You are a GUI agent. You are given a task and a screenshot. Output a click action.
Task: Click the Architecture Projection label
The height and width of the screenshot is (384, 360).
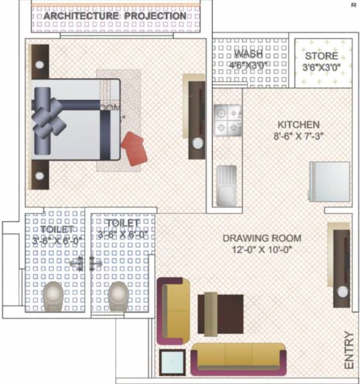click(115, 15)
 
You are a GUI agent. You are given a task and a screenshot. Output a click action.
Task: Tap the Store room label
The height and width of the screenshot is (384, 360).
click(321, 56)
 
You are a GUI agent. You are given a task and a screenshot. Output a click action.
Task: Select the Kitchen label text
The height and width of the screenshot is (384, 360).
click(298, 124)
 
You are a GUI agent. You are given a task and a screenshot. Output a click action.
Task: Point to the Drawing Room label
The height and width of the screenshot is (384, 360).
click(261, 239)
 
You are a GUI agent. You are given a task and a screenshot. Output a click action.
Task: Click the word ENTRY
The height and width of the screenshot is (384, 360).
click(349, 349)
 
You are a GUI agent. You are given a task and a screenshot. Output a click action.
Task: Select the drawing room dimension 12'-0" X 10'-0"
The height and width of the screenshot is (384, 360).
click(261, 250)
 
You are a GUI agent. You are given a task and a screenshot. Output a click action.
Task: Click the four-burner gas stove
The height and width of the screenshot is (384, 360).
click(229, 120)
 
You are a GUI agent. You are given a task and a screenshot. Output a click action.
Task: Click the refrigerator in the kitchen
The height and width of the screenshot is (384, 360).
click(330, 181)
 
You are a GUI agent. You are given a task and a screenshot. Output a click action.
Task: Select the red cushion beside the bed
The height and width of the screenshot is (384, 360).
click(135, 148)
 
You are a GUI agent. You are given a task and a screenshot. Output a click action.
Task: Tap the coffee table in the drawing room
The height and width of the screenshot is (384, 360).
click(220, 314)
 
